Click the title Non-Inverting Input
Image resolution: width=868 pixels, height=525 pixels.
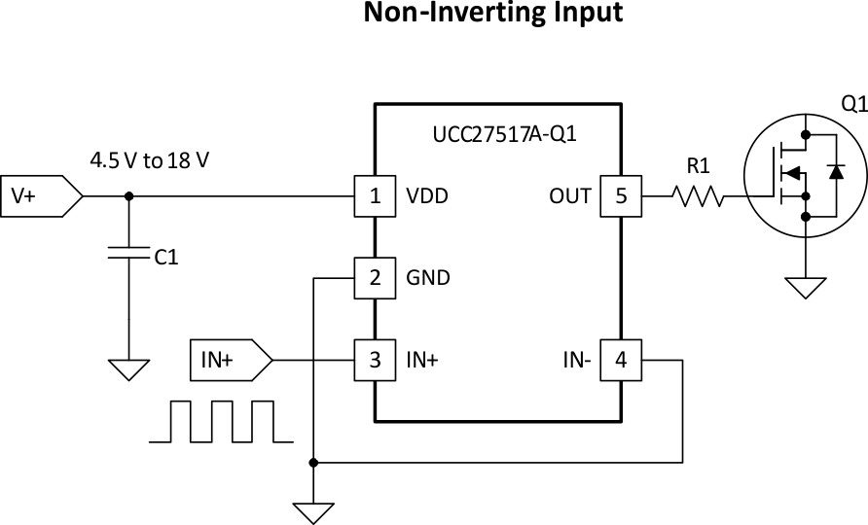(492, 14)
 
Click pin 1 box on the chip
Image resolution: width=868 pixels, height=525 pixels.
(374, 195)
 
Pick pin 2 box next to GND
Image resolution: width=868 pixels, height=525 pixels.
(374, 278)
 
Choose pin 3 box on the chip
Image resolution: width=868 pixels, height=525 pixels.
(374, 360)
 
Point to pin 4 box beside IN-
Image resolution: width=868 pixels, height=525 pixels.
(621, 360)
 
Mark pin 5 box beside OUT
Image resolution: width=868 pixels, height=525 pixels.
(621, 195)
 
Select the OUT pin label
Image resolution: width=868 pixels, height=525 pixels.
(570, 195)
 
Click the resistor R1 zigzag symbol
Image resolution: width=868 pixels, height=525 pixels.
(697, 196)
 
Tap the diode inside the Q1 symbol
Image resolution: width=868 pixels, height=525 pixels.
(835, 171)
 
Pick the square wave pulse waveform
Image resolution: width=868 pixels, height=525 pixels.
(220, 421)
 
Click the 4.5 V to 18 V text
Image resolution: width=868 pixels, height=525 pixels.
(149, 159)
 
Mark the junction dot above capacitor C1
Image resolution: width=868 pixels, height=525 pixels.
(129, 195)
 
